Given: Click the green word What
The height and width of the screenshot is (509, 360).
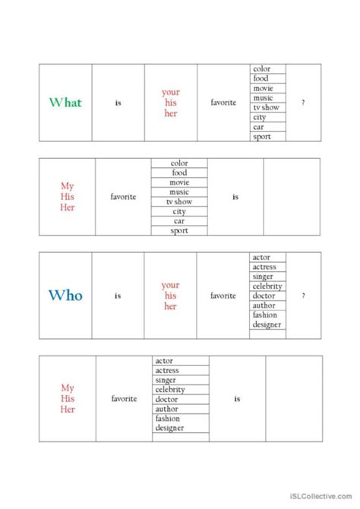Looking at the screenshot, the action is pos(65,103).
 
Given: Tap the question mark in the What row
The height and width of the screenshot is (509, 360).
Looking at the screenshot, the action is pos(303,103).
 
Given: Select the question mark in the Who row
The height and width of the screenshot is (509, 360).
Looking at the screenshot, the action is pos(303,296).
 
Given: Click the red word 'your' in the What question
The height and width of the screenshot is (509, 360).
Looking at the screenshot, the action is pos(170,93).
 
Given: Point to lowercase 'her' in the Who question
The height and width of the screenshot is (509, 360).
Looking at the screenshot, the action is pos(170,306).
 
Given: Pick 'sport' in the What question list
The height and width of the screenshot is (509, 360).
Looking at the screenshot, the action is pos(261,137).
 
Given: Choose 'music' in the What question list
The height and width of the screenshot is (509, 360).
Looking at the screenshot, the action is pos(263,98).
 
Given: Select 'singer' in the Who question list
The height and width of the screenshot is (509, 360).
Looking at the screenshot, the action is pos(264,277).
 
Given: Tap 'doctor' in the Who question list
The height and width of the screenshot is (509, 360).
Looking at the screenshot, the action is pos(264,296).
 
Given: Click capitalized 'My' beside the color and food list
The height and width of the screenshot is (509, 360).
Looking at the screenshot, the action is pos(67,185).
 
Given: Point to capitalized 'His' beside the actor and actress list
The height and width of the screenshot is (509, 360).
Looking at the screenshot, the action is pos(67,398).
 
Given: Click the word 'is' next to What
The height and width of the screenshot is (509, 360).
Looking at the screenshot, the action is pos(118,103).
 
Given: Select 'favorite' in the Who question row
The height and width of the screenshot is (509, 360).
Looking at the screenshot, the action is pos(223,296).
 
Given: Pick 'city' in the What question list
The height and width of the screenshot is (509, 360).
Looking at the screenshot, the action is pos(260,118).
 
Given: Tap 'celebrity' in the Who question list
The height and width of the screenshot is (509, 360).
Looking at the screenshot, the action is pos(267,286).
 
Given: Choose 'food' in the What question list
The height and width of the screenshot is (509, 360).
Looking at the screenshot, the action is pos(261,78).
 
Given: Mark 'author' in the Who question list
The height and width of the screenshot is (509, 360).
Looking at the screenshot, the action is pos(264,305).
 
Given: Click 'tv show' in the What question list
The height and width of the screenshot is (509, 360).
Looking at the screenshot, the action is pos(265,108).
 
